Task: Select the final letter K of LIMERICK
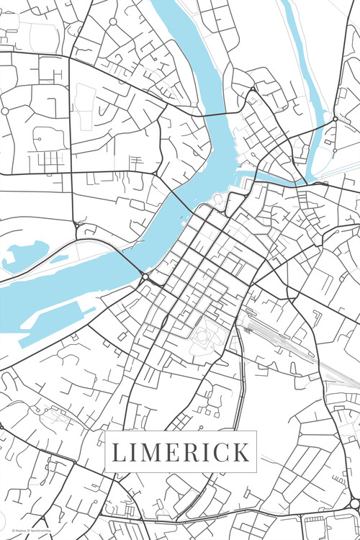[241, 453]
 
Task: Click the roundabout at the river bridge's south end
[145, 276]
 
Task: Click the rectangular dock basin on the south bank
[54, 319]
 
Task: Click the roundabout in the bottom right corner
[354, 503]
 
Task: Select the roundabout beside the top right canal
[335, 119]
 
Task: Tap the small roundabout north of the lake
[77, 226]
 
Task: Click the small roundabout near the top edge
[112, 22]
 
